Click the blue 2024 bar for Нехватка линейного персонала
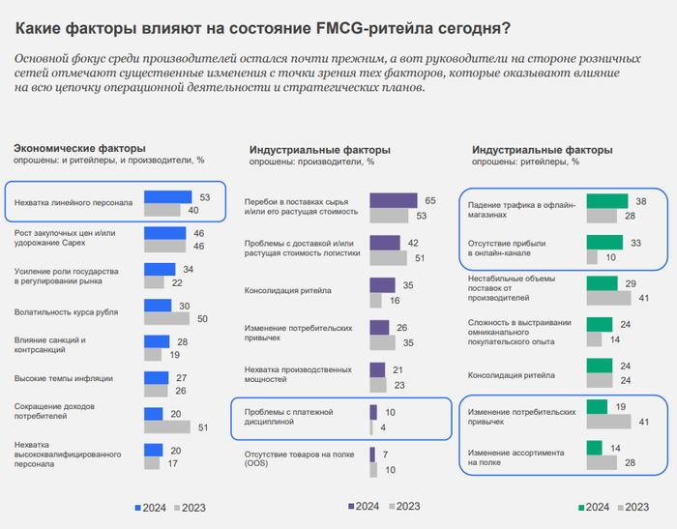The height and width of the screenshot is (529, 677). pyautogui.click(x=168, y=197)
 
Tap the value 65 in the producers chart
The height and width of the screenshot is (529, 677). pyautogui.click(x=430, y=200)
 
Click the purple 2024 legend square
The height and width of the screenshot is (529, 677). pyautogui.click(x=351, y=506)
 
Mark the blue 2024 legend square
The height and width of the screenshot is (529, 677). pyautogui.click(x=136, y=507)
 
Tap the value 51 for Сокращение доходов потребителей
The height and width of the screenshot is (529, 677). pyautogui.click(x=203, y=426)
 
